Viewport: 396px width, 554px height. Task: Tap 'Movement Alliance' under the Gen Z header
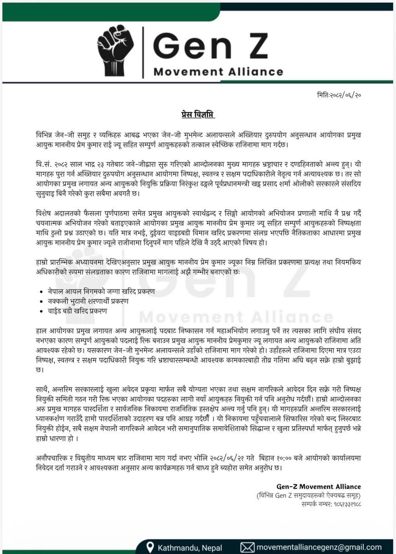218,72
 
